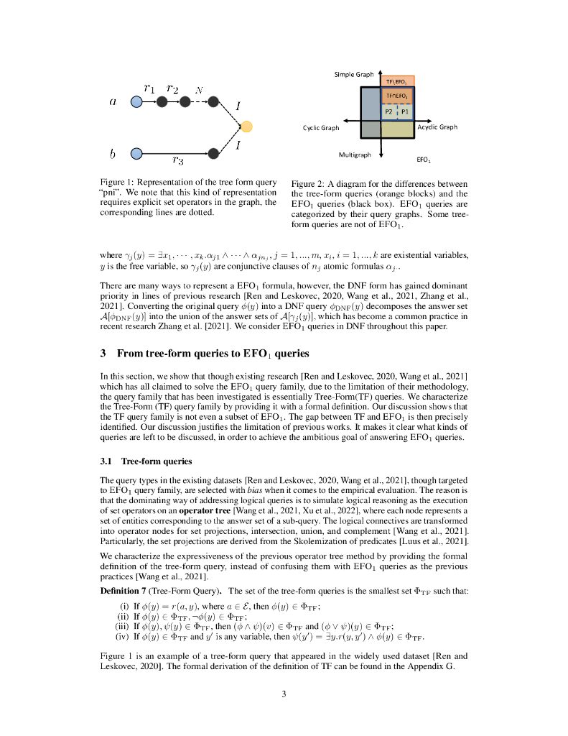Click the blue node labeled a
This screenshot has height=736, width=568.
pyautogui.click(x=136, y=102)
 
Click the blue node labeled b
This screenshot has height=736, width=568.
pyautogui.click(x=136, y=152)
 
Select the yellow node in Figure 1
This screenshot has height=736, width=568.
pyautogui.click(x=246, y=127)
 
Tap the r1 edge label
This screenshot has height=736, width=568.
pyautogui.click(x=149, y=88)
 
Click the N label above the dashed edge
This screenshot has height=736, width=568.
pyautogui.click(x=199, y=91)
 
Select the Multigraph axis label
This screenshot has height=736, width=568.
pyautogui.click(x=354, y=155)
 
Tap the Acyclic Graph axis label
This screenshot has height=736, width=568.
pyautogui.click(x=437, y=127)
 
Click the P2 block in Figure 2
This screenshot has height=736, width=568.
pyautogui.click(x=388, y=112)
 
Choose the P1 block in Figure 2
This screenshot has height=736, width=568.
pyautogui.click(x=405, y=112)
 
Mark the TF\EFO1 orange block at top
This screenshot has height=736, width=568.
pyautogui.click(x=397, y=81)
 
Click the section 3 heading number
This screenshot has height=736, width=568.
pyautogui.click(x=103, y=352)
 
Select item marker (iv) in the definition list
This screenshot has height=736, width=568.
pyautogui.click(x=123, y=637)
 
